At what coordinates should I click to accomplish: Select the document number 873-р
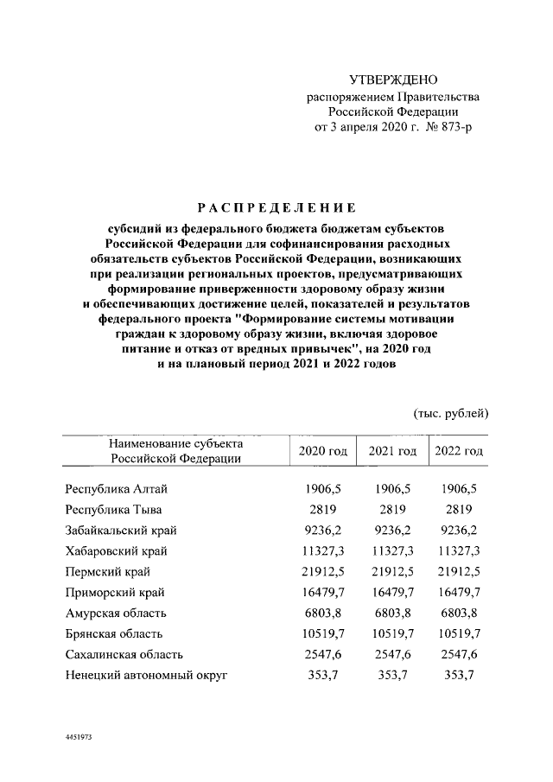click(x=454, y=127)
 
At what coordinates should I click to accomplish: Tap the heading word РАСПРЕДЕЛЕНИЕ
click(x=276, y=207)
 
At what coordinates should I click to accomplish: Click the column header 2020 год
click(x=322, y=451)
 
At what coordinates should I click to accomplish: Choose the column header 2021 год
click(x=392, y=451)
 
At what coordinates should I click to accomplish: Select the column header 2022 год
click(x=459, y=451)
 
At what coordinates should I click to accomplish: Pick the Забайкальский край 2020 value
click(x=322, y=530)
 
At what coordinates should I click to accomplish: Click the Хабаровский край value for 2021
click(x=392, y=550)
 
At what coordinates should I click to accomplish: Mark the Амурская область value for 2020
click(x=322, y=613)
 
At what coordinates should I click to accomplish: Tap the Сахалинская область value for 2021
click(x=392, y=654)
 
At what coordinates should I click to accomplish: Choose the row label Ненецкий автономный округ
click(x=146, y=675)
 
